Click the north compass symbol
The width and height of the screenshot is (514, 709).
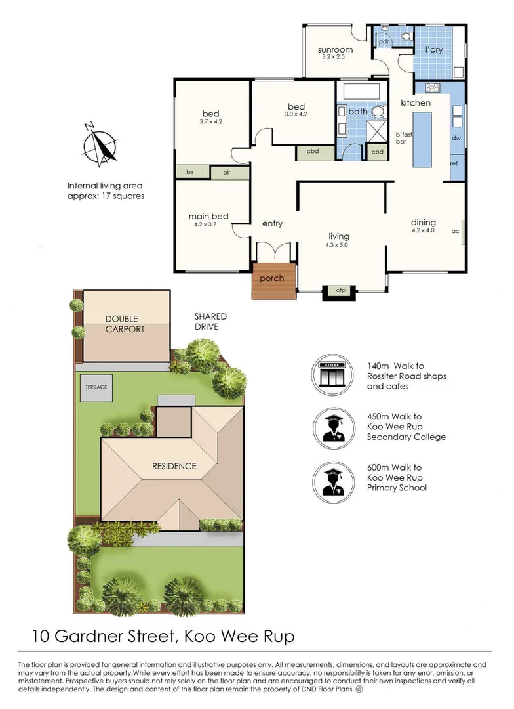tap(100, 144)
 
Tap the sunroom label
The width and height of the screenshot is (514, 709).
tap(335, 50)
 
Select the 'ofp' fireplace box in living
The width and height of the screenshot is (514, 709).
tap(340, 293)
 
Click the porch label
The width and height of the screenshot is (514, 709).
tap(272, 278)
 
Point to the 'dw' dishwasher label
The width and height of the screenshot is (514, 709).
tap(456, 138)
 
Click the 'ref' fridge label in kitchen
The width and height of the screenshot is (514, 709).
tap(454, 163)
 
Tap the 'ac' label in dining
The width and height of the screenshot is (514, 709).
tap(455, 231)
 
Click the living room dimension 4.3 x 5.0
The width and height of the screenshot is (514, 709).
tap(336, 245)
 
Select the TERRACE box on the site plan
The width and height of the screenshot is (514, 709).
tap(96, 387)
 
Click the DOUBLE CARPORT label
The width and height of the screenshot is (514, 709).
tap(125, 324)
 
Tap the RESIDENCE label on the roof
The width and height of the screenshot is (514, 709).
tap(174, 466)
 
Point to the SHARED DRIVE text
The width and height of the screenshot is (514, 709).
tap(210, 322)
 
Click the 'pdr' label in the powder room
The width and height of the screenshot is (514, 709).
tap(384, 41)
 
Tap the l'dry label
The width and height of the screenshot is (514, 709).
tap(433, 49)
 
